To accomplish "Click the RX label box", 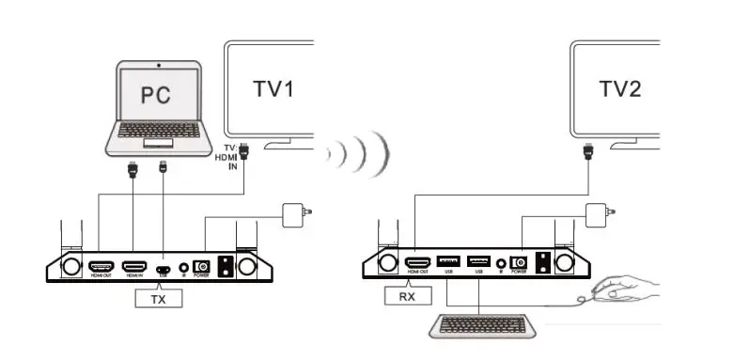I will pyautogui.click(x=406, y=296).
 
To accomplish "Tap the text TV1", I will pyautogui.click(x=273, y=90).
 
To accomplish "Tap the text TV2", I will pyautogui.click(x=621, y=89).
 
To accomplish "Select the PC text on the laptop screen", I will pyautogui.click(x=158, y=94).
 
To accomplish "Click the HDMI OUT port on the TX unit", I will pyautogui.click(x=101, y=267).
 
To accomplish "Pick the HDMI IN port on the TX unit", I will pyautogui.click(x=135, y=267).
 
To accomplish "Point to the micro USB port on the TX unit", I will pyautogui.click(x=164, y=268).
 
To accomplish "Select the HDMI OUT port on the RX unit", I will pyautogui.click(x=416, y=262).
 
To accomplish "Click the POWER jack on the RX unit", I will pyautogui.click(x=517, y=263).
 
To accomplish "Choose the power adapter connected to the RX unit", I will pyautogui.click(x=600, y=215).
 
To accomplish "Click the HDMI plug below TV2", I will pyautogui.click(x=588, y=150).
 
